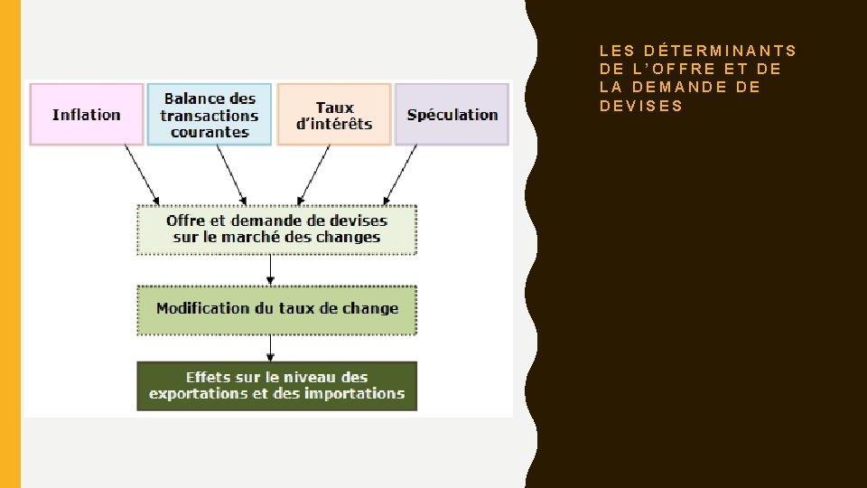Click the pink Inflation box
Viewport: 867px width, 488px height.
(x=87, y=115)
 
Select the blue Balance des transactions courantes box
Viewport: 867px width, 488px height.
(x=210, y=115)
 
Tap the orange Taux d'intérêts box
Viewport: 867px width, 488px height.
(x=334, y=115)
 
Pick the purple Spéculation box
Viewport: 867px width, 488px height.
(x=452, y=115)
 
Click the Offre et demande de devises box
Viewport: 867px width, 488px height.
(x=276, y=230)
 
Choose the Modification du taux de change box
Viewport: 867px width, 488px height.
(x=276, y=309)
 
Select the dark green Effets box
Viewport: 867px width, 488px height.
(x=276, y=386)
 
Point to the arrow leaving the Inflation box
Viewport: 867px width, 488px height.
(x=142, y=174)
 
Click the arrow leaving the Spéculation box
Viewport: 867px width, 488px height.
(x=401, y=174)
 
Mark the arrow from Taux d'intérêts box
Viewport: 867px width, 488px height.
(x=315, y=174)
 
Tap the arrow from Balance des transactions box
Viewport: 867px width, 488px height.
(x=232, y=174)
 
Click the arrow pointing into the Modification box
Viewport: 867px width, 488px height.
(x=270, y=270)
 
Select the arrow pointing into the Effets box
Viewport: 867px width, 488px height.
(x=270, y=349)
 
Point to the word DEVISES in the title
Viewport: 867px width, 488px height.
(x=641, y=106)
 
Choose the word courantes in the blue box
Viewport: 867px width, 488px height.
(x=210, y=132)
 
